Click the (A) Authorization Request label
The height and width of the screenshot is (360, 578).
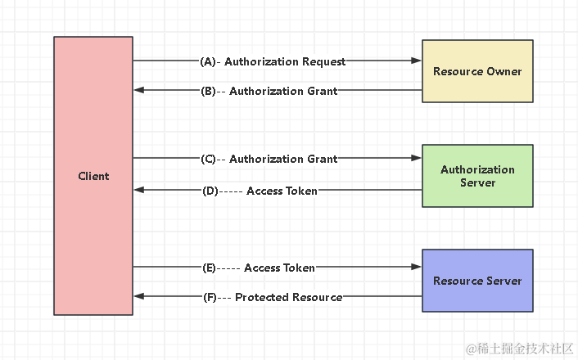(273, 61)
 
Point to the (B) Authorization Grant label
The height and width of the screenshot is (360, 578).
(269, 91)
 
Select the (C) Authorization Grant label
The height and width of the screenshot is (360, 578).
(269, 159)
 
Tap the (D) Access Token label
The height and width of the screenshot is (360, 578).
(260, 191)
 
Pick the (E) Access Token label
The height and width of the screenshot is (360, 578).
(259, 268)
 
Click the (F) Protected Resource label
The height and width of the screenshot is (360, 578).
(272, 297)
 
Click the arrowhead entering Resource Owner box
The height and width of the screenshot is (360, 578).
(416, 61)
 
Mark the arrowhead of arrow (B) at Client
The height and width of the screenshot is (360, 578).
(139, 91)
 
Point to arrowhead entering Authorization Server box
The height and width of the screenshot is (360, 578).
(416, 159)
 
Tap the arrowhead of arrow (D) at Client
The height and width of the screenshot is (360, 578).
(139, 191)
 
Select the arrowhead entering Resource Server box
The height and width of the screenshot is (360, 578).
(416, 268)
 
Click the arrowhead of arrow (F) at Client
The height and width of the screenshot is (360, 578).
(139, 297)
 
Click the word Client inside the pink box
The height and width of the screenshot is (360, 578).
(93, 176)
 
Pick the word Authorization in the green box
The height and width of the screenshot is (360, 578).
(477, 170)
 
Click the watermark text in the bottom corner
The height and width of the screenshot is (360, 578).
(519, 348)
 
